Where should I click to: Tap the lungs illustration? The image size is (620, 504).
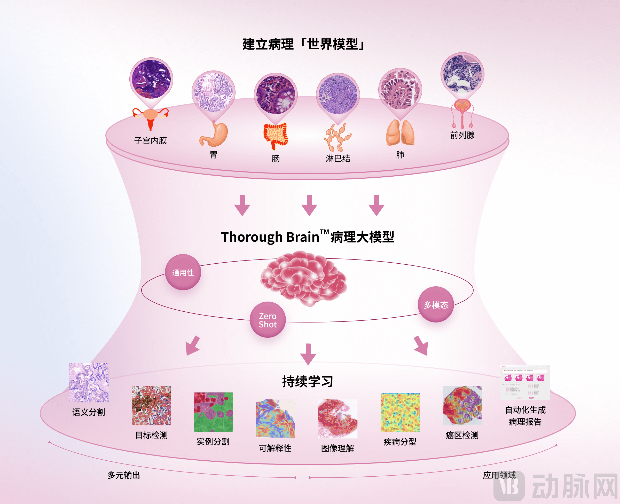pos(400,133)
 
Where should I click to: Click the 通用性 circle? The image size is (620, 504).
pos(183,272)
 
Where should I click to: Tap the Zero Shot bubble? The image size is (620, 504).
pos(268,320)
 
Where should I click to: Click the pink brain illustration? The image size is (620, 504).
pos(304,278)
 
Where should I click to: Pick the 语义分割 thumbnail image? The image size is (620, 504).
pos(89,382)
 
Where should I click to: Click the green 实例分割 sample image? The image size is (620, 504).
pos(213,412)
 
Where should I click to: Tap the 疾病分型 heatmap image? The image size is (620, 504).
pos(400,412)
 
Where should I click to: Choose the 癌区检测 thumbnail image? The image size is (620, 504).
pos(462,406)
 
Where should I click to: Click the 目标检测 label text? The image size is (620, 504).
pos(151,435)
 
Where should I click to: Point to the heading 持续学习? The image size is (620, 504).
pos(308,381)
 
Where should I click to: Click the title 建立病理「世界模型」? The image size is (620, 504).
pos(303,44)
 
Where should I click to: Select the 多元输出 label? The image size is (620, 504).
pos(124,475)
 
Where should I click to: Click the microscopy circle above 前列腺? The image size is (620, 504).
pos(462,74)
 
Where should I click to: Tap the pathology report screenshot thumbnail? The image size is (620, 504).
pos(525,382)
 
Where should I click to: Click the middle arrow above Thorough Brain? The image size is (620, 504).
pos(309,205)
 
